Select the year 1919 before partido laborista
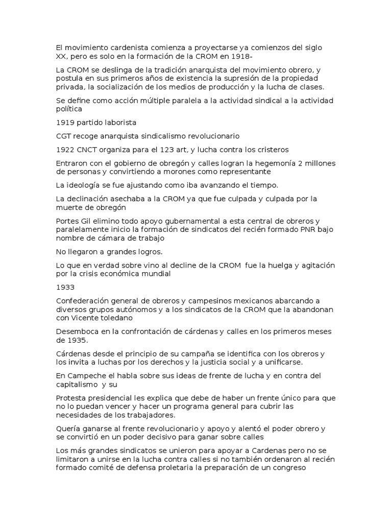[65, 123]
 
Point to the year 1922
[65, 150]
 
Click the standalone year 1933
[65, 287]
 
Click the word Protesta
[73, 398]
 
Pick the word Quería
[70, 429]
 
